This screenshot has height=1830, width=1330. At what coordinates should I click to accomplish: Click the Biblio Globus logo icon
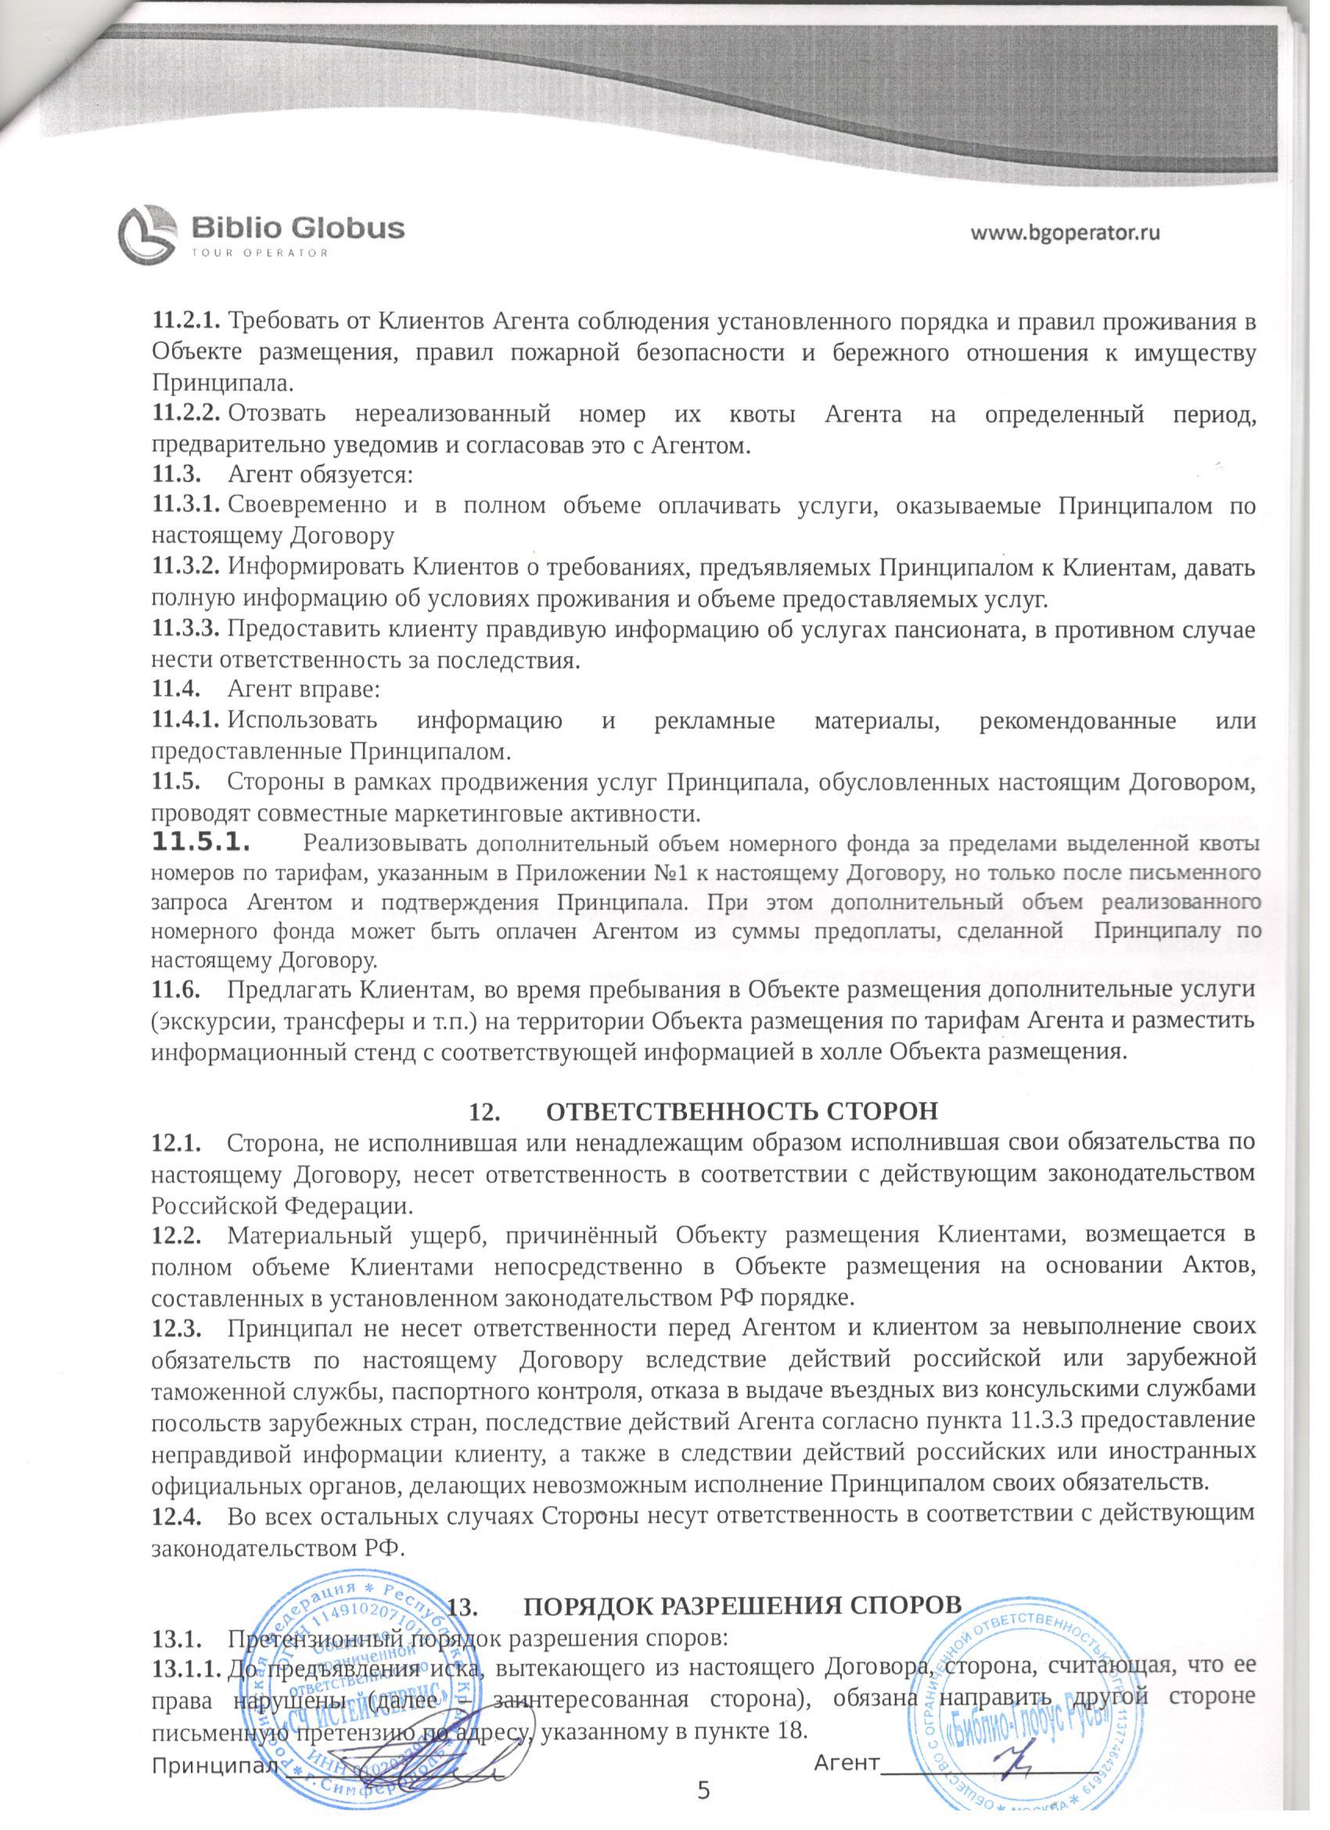[x=148, y=233]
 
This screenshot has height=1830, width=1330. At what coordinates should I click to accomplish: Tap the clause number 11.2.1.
[x=186, y=321]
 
